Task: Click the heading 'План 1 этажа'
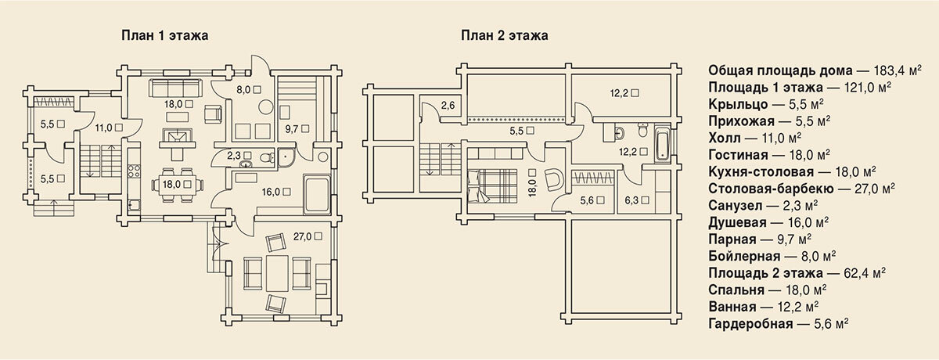[x=165, y=35]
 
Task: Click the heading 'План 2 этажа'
[x=504, y=35]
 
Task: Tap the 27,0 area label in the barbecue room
[x=302, y=237]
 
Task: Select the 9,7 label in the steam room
[x=292, y=129]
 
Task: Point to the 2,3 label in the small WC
[x=234, y=156]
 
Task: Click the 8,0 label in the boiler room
[x=243, y=89]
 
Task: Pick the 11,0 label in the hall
[x=103, y=128]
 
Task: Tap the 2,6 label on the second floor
[x=448, y=106]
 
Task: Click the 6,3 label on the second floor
[x=631, y=200]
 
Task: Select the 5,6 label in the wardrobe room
[x=587, y=200]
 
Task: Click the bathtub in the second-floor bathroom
[x=663, y=145]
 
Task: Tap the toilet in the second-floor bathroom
[x=642, y=129]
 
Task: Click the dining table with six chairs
[x=178, y=185]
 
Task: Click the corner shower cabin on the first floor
[x=287, y=157]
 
